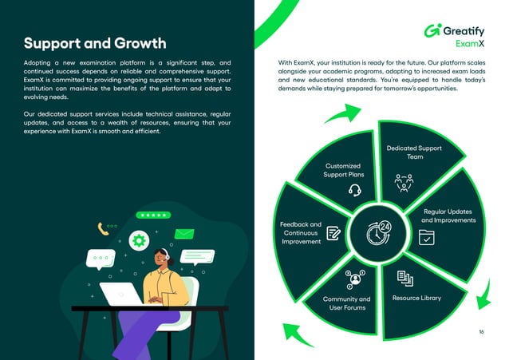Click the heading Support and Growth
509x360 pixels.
pos(95,43)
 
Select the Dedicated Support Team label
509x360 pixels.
pos(414,152)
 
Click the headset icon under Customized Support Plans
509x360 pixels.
pos(355,190)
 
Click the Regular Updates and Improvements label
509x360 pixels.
pos(448,216)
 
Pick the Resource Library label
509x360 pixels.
pos(416,298)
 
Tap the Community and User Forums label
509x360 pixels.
pos(346,303)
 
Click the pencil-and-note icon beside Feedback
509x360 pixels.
pos(333,233)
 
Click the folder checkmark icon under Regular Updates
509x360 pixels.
pos(426,237)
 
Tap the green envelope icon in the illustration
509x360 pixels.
pos(185,234)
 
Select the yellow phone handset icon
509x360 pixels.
pos(103,229)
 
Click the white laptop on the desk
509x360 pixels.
pos(121,294)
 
